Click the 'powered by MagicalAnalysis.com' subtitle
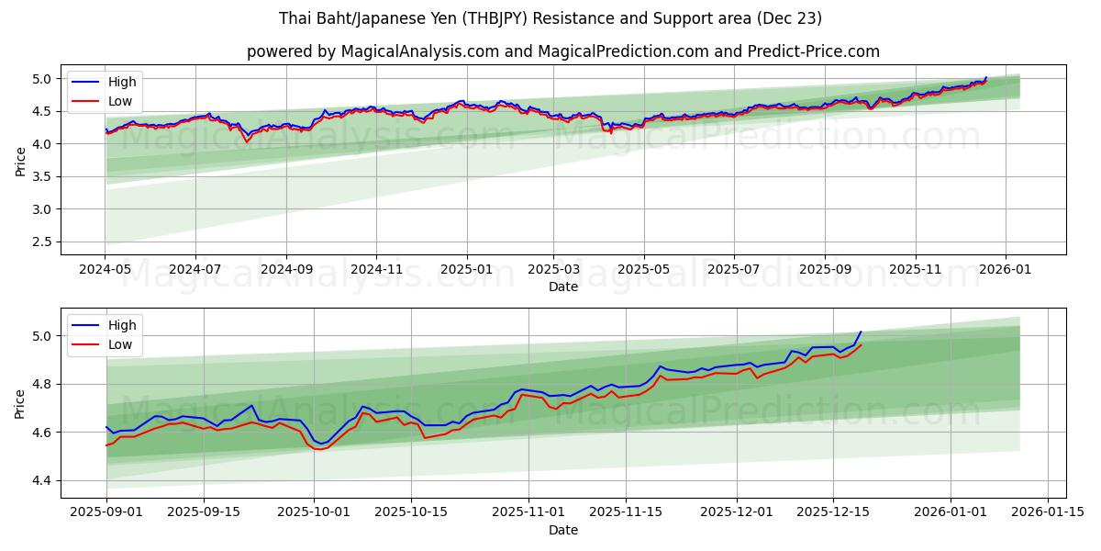tap(563, 51)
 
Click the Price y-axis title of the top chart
tap(21, 160)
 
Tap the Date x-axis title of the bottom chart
tap(563, 530)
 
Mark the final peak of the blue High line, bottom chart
tap(861, 332)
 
